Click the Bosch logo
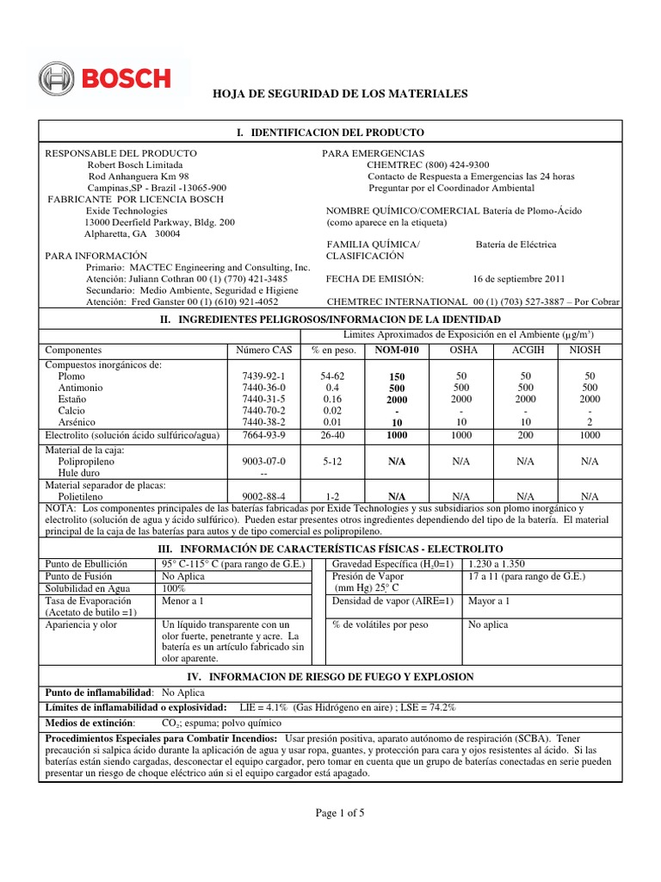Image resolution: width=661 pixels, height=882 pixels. [106, 78]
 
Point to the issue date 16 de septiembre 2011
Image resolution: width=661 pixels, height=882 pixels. [519, 279]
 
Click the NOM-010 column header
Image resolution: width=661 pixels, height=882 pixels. [397, 351]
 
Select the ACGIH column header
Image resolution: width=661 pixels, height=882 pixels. [525, 351]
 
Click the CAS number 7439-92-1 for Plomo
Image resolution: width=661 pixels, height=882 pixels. [264, 377]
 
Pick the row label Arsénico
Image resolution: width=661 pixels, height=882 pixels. [78, 422]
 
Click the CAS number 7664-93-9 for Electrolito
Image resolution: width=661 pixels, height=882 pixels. [264, 436]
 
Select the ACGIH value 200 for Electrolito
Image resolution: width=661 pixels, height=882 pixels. [525, 436]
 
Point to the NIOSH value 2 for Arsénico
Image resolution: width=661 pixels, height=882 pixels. [590, 422]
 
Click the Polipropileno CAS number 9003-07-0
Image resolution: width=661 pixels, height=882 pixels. [264, 462]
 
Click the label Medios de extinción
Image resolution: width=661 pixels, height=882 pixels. [90, 723]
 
